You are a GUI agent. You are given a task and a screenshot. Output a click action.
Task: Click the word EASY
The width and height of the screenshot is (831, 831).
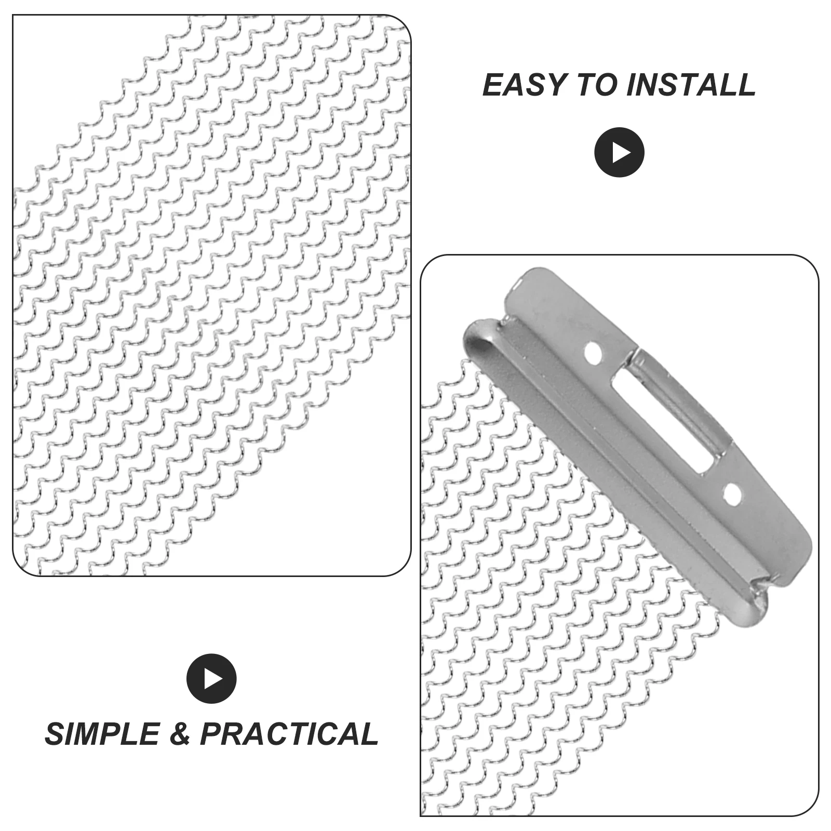pos(524,85)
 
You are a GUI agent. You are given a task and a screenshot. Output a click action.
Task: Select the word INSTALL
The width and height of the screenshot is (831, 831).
pos(691,85)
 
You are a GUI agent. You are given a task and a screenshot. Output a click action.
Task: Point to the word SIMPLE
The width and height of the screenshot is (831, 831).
pos(102,734)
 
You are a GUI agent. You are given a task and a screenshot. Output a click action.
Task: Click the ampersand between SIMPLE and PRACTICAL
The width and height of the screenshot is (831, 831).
pos(179,734)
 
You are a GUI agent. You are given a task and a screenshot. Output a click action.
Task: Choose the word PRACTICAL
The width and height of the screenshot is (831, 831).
pos(289,734)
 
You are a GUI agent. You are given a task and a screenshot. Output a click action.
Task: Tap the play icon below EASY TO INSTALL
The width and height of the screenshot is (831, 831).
pos(619,152)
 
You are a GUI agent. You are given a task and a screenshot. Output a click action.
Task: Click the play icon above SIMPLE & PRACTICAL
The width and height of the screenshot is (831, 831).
pos(211,678)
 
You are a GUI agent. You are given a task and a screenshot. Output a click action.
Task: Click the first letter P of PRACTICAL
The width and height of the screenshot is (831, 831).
pos(211,734)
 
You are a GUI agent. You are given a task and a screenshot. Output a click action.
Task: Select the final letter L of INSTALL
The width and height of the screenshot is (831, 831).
pos(747,85)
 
